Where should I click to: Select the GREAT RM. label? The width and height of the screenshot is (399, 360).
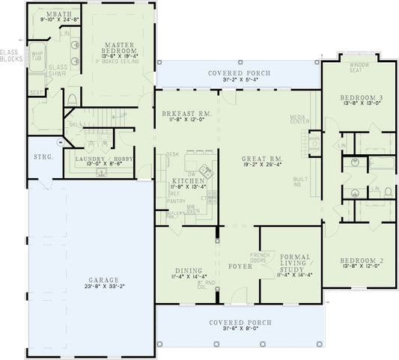click(261, 159)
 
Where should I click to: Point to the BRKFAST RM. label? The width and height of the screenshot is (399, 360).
click(186, 112)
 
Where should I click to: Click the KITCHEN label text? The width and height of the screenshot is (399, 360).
click(184, 181)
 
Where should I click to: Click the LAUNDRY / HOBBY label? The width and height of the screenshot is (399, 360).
click(104, 159)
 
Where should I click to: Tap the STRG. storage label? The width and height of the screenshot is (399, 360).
click(43, 158)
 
